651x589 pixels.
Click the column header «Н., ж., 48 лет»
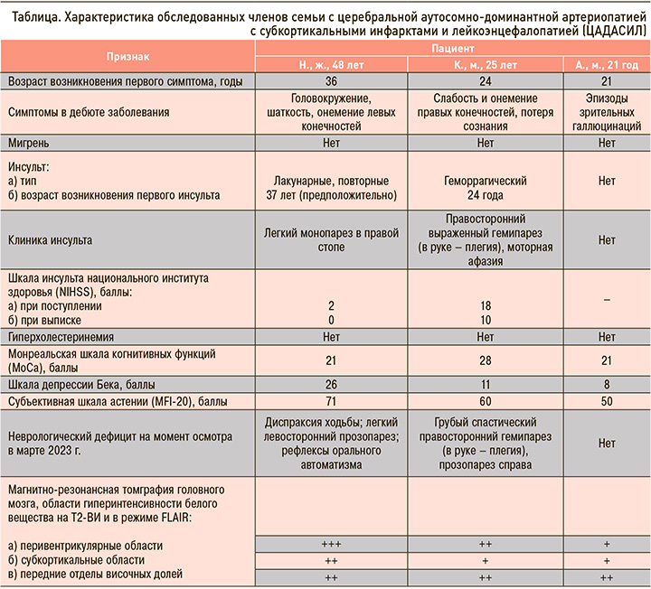click(x=334, y=66)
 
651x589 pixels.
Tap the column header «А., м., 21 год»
click(x=607, y=66)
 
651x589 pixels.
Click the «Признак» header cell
click(x=128, y=57)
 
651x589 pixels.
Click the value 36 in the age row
click(x=334, y=82)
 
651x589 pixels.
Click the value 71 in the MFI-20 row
click(x=334, y=400)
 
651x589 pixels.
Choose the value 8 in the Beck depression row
click(x=607, y=384)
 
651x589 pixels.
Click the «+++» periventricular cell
click(x=334, y=544)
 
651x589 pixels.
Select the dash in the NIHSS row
click(x=607, y=299)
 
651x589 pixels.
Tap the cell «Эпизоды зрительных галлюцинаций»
click(x=607, y=113)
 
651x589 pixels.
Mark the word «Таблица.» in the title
click(x=29, y=11)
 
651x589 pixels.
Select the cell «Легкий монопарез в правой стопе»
click(x=334, y=240)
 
